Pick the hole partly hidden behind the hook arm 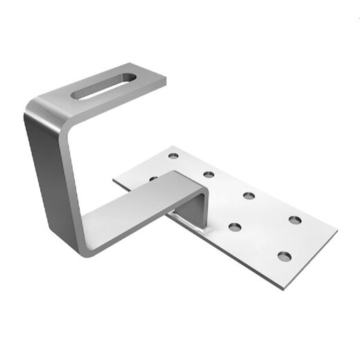coord(153,179)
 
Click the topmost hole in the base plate coord(172,156)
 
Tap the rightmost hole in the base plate coord(295,220)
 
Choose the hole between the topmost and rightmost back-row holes coord(248,196)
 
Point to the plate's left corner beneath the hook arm coord(116,181)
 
